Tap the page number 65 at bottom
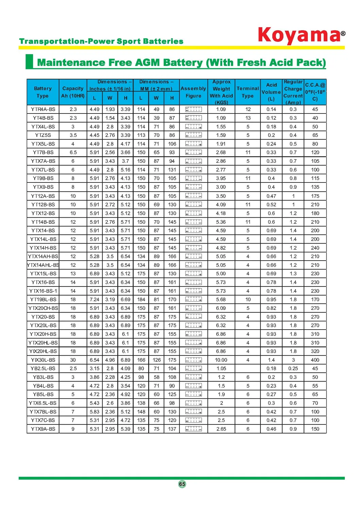click(x=182, y=484)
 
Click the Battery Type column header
click(x=43, y=92)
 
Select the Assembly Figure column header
click(x=193, y=92)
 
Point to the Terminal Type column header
click(x=248, y=92)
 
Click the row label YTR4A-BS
click(x=43, y=109)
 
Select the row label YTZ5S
click(x=43, y=135)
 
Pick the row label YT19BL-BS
click(x=43, y=300)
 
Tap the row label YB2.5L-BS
click(x=43, y=369)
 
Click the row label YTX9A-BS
click(x=43, y=429)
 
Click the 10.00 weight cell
click(x=221, y=360)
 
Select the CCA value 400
click(x=315, y=360)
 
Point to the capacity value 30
click(x=73, y=360)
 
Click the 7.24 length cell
click(x=95, y=300)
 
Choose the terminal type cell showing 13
click(x=248, y=118)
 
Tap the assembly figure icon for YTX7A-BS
click(x=193, y=161)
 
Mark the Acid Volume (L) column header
click(x=271, y=92)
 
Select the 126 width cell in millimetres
click(x=156, y=360)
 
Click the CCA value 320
click(x=315, y=351)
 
